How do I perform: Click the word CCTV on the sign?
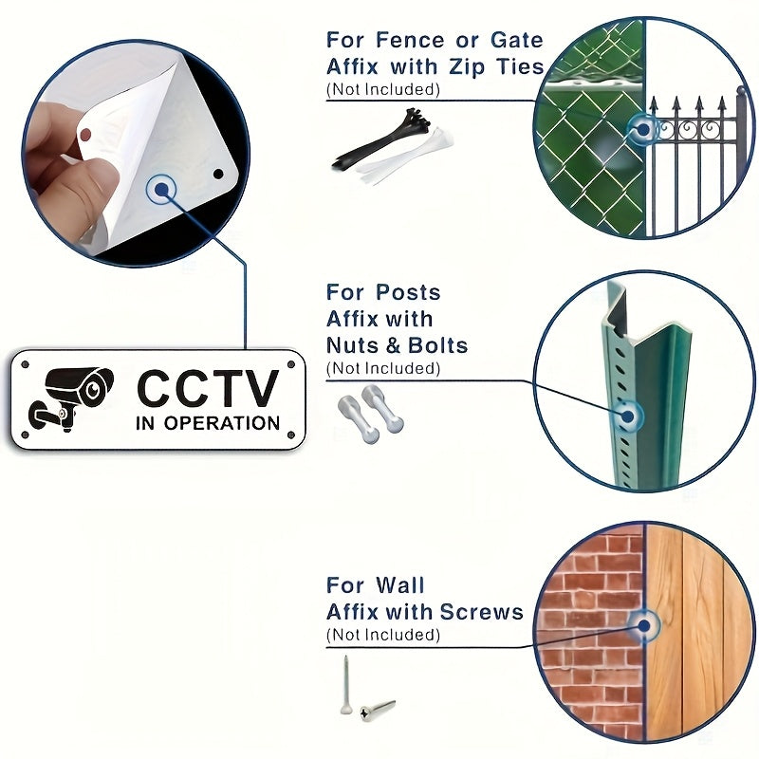(x=208, y=388)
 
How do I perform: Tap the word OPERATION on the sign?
(x=222, y=423)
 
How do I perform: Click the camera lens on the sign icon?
(x=93, y=388)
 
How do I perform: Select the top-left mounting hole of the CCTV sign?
(x=26, y=364)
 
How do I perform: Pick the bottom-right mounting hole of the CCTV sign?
(x=291, y=435)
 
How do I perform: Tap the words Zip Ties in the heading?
(x=496, y=67)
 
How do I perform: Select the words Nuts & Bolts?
(x=397, y=345)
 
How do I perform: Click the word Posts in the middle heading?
(x=408, y=292)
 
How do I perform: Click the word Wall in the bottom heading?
(x=399, y=585)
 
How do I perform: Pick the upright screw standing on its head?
(x=345, y=684)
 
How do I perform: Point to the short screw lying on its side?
(x=378, y=710)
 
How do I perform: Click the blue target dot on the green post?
(x=628, y=417)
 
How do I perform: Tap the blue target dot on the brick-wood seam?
(x=643, y=626)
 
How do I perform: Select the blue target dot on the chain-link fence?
(x=643, y=130)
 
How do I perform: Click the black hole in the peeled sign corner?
(x=218, y=174)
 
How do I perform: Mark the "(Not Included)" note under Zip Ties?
(x=383, y=89)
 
